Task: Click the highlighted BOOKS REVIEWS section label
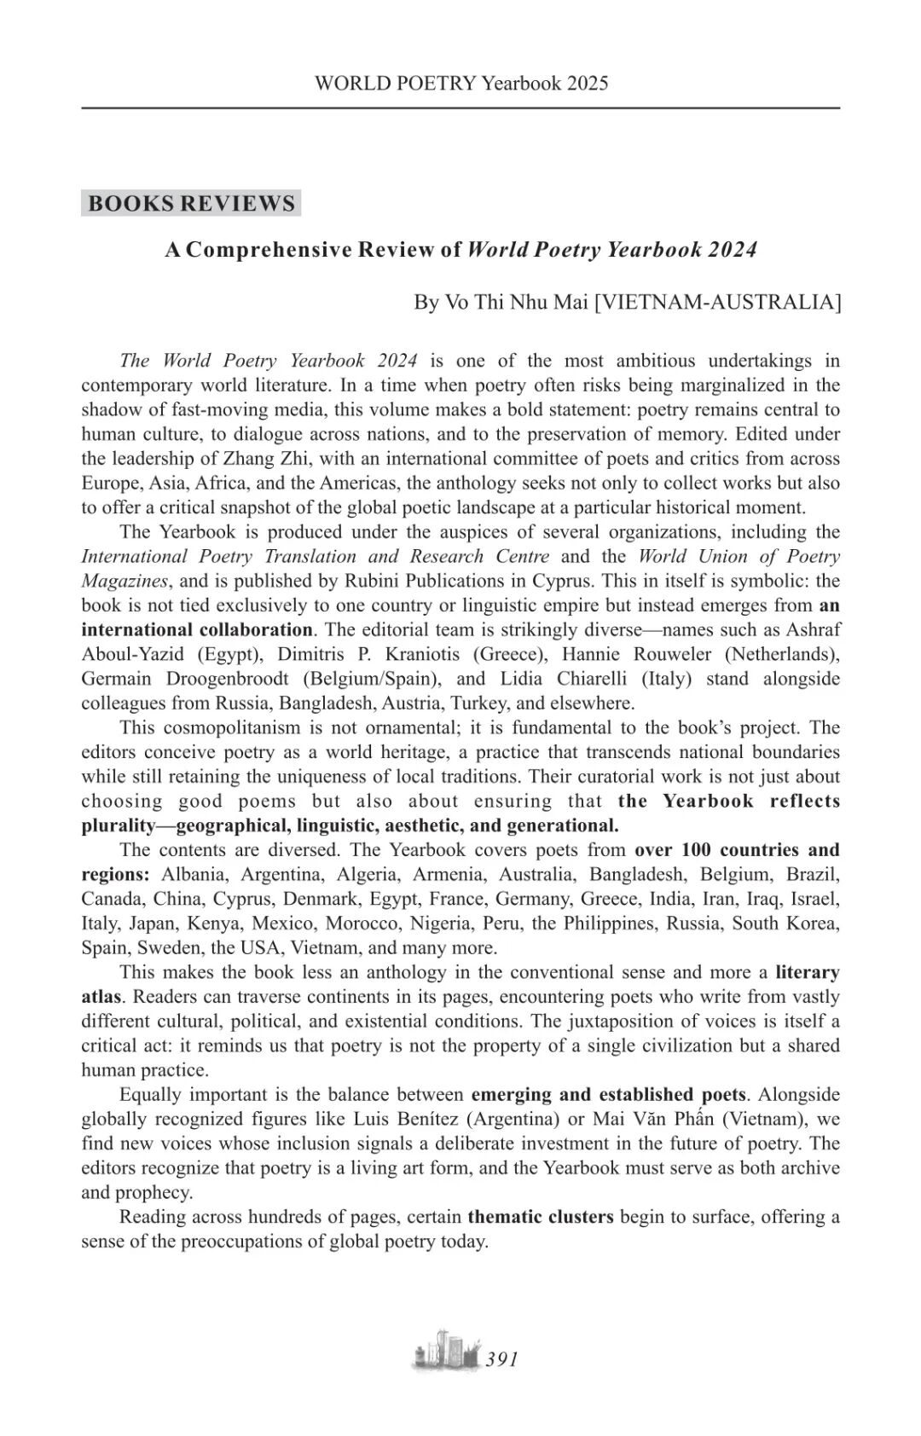(191, 204)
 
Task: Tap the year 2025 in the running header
(587, 83)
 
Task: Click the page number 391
(501, 1359)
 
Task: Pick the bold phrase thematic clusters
(540, 1217)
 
